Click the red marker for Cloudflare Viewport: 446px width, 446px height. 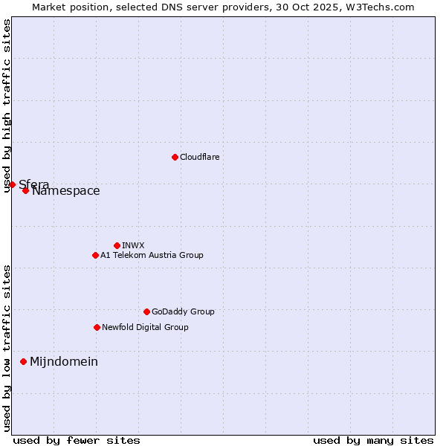175,157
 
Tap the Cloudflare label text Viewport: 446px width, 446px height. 199,158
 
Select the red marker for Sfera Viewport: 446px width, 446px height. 13,184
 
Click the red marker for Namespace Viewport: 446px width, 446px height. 25,190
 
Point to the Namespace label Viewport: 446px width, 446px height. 65,191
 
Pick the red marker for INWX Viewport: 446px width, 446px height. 117,245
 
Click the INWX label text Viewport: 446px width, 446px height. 133,246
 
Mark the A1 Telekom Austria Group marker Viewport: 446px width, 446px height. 95,255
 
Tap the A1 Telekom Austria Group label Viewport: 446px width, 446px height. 152,256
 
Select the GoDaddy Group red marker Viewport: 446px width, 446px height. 146,311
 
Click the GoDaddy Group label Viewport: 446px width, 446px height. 183,312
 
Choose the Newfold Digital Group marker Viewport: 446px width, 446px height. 97,327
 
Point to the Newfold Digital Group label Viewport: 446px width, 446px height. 145,328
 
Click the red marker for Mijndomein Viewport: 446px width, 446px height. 23,361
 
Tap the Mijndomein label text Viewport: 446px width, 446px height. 64,362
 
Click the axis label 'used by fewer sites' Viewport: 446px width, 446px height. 77,441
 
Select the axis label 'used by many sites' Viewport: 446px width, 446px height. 373,441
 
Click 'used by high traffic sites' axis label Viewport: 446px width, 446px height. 7,106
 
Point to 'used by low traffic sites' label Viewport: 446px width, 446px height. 7,348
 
